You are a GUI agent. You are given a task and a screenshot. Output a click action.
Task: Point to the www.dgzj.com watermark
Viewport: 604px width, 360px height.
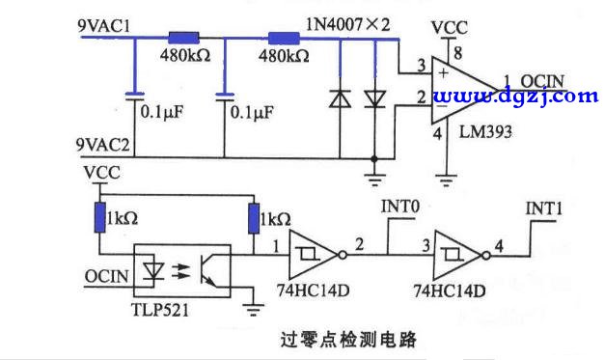pos(516,96)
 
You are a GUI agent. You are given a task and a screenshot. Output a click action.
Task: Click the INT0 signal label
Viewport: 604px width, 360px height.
pos(401,207)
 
